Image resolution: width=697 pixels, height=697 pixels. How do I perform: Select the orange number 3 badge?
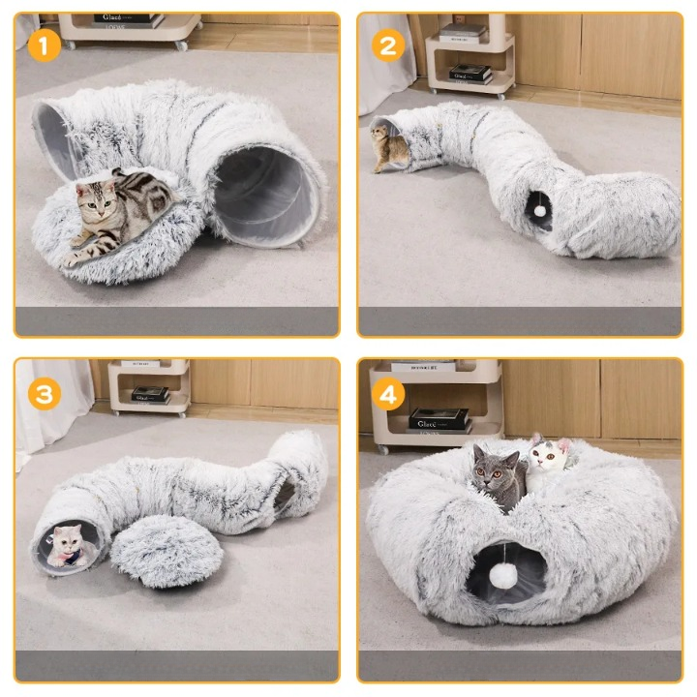42,392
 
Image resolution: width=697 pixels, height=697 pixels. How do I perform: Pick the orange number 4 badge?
388,394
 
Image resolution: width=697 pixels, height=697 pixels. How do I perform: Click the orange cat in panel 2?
390,146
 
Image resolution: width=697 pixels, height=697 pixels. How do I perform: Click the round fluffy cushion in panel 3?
166,550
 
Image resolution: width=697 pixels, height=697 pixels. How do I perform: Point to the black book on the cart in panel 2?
470,73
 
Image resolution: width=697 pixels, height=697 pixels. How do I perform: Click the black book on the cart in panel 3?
150,394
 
